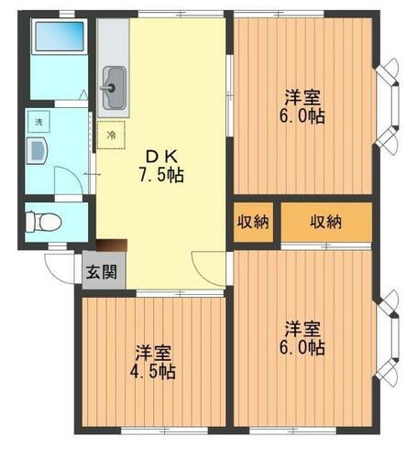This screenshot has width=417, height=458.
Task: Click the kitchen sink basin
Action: [113, 88]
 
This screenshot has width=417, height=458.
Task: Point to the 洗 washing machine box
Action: [39, 121]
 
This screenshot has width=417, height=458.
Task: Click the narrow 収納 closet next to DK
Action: [254, 222]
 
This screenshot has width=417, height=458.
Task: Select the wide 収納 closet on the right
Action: [325, 222]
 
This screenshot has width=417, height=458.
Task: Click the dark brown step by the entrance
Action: [111, 245]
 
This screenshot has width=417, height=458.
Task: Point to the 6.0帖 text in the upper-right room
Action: [302, 117]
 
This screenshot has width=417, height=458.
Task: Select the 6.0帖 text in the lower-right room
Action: [302, 347]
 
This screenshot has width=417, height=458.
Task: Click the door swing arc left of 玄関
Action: [61, 267]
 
